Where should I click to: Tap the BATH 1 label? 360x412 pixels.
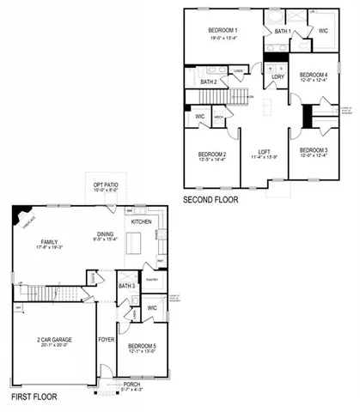click(283, 32)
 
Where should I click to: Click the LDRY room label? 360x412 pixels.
click(277, 76)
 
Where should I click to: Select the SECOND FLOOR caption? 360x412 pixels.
click(211, 199)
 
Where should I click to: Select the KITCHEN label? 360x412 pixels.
click(142, 221)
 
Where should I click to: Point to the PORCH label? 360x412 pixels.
click(131, 384)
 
